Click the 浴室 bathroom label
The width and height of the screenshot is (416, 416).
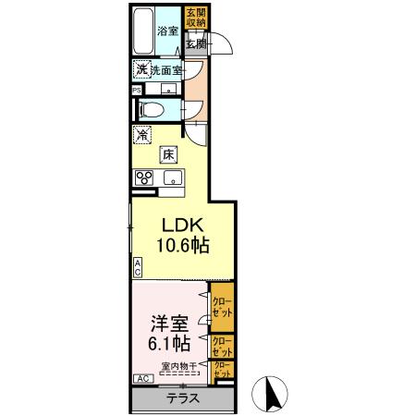(166, 31)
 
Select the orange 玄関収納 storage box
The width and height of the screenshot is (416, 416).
(195, 18)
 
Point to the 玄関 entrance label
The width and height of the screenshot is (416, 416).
(194, 44)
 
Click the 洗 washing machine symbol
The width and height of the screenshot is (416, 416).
(142, 70)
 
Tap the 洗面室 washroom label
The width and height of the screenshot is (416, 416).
(167, 70)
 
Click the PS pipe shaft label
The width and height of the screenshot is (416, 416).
(136, 90)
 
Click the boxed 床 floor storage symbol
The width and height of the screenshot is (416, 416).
(169, 154)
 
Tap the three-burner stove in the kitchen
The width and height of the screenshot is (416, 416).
(144, 178)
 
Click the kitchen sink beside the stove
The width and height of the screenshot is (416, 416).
(172, 179)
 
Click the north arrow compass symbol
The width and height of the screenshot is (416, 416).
(272, 393)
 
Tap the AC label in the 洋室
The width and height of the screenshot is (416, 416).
(143, 379)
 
